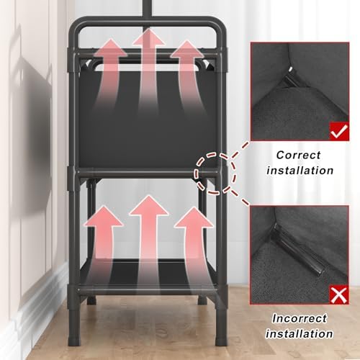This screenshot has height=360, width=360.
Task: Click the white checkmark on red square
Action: point(339,131)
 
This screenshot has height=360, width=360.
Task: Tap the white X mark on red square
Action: point(339,294)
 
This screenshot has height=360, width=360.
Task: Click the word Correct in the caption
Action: point(298,155)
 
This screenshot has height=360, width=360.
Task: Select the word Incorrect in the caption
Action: point(300,319)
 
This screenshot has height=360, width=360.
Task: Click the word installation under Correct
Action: point(300,171)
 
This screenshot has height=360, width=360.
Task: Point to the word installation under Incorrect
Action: point(300,334)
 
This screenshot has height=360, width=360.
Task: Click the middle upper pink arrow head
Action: point(149,37)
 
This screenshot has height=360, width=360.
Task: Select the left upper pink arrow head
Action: point(110,48)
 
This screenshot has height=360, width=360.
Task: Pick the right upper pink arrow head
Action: point(186,49)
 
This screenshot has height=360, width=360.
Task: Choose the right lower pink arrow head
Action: point(194,217)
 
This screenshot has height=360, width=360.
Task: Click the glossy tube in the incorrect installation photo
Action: point(297,250)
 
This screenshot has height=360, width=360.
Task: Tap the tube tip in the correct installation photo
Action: point(291,70)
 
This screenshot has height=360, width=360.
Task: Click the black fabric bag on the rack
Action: point(148,117)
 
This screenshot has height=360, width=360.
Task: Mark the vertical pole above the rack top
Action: point(147,8)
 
